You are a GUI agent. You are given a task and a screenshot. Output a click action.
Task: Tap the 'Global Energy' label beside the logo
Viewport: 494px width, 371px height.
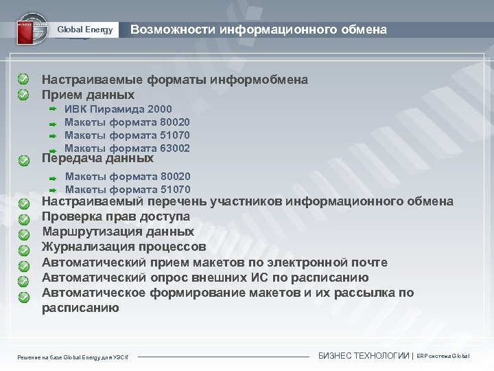coord(84,30)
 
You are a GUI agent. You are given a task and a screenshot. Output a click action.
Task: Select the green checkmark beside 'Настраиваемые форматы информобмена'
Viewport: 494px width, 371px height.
coord(23,80)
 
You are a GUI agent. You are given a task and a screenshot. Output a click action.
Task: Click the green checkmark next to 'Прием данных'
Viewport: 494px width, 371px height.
coord(23,93)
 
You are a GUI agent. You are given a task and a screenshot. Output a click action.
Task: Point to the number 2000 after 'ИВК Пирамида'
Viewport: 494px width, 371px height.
coord(159,109)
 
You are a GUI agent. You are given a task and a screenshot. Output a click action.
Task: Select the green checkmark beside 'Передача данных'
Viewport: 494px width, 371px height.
coord(23,159)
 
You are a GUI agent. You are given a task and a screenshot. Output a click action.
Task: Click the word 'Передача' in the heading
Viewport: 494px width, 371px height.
coord(71,157)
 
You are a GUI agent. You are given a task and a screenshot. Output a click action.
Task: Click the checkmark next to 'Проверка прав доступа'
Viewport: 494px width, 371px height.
coord(23,218)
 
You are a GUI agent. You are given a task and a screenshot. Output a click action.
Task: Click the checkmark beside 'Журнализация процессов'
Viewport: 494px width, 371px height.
coord(23,249)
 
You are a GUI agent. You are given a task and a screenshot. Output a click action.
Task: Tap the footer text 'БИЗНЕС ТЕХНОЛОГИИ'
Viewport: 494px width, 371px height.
coord(364,356)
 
